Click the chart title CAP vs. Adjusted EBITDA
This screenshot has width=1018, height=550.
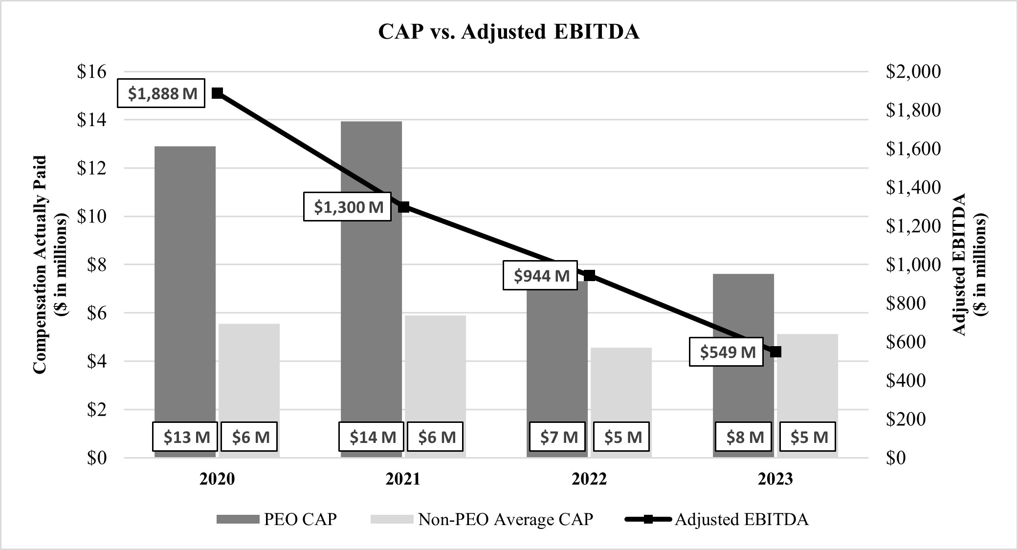tap(509, 32)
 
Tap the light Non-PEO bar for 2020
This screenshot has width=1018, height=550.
tap(249, 372)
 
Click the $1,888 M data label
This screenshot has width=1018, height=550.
tap(161, 93)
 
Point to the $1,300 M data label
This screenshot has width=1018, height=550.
tap(347, 207)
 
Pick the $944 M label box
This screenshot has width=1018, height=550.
tap(540, 276)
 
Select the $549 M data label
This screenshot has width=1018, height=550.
tap(726, 352)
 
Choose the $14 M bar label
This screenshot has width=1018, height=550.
tap(371, 437)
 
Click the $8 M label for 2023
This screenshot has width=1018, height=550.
tap(743, 437)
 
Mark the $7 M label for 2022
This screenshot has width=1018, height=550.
tap(557, 437)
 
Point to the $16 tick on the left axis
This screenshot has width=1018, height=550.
tap(91, 72)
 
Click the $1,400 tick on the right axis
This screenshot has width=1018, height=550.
tap(913, 187)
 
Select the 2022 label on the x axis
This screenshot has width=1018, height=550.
tap(589, 479)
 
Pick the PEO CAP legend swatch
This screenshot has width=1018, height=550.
tap(238, 519)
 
